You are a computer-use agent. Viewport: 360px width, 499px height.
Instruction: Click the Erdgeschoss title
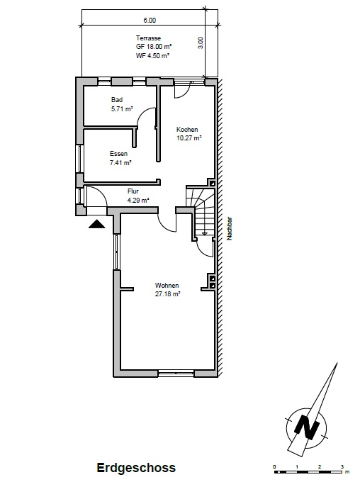coord(135,468)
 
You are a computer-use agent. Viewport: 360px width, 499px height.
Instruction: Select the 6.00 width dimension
coord(150,21)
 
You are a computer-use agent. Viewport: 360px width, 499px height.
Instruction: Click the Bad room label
coord(117,100)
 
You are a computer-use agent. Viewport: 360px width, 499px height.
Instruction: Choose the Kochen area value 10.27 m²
coord(189,139)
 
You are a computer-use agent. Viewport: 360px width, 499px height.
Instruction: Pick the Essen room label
coord(118,154)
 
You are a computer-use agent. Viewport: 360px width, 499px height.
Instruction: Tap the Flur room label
coord(133,191)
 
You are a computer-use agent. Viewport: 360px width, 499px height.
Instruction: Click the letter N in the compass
coord(308,427)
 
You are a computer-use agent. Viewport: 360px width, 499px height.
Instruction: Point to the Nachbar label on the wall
coord(230,229)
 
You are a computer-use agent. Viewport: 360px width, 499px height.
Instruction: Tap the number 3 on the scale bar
coord(342,466)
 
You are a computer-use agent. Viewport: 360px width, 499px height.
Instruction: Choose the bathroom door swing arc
coord(147,117)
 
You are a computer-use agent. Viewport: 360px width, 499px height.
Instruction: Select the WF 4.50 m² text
coord(154,54)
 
